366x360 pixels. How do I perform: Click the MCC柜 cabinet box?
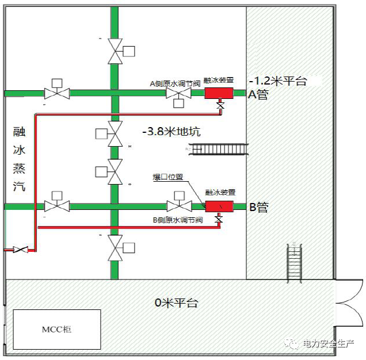click(56, 330)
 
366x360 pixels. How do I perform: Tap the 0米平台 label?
click(177, 302)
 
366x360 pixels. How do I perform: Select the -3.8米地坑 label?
click(171, 131)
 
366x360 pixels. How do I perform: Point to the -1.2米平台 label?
click(277, 81)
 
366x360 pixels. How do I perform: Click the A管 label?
click(258, 95)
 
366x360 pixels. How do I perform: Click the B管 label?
click(259, 207)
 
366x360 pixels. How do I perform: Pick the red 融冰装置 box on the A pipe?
click(219, 93)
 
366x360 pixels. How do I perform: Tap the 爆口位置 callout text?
click(167, 177)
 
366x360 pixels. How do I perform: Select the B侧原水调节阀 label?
click(178, 220)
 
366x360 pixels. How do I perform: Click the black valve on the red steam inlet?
click(21, 250)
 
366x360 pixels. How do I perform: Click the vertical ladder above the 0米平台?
click(295, 262)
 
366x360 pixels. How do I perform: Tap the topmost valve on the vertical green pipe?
click(116, 52)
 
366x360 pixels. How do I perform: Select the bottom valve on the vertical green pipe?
click(116, 248)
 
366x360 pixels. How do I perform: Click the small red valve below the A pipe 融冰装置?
click(219, 105)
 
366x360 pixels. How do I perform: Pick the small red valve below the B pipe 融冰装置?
click(219, 220)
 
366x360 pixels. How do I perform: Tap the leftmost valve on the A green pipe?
click(56, 93)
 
